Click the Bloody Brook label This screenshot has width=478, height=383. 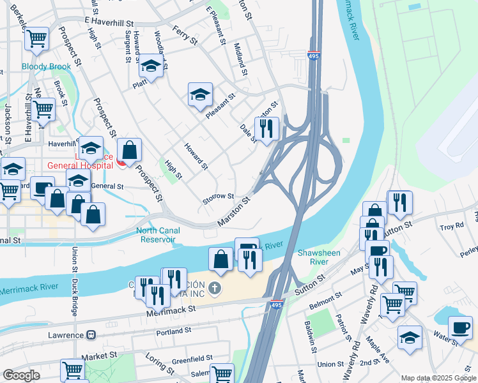coord(46,66)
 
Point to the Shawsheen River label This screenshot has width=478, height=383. coord(320,257)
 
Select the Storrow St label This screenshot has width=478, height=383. coord(219,198)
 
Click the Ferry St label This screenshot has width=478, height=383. coord(185,34)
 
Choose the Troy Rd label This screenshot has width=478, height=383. coord(451,227)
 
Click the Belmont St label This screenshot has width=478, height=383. coord(324,299)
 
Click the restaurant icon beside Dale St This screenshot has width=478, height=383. coord(266,129)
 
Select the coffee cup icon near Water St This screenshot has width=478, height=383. coord(459,327)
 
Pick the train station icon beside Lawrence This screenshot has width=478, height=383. coord(91,334)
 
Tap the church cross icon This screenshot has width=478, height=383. coord(215,289)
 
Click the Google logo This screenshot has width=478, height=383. coord(21,375)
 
